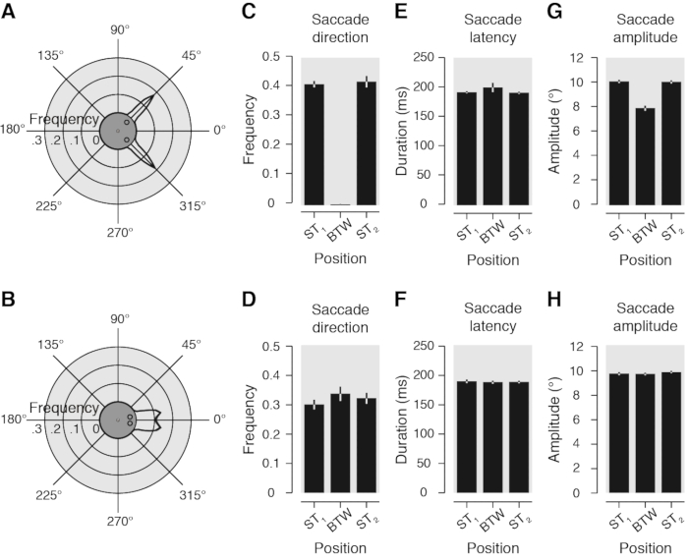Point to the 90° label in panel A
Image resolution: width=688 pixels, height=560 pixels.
[119, 30]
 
